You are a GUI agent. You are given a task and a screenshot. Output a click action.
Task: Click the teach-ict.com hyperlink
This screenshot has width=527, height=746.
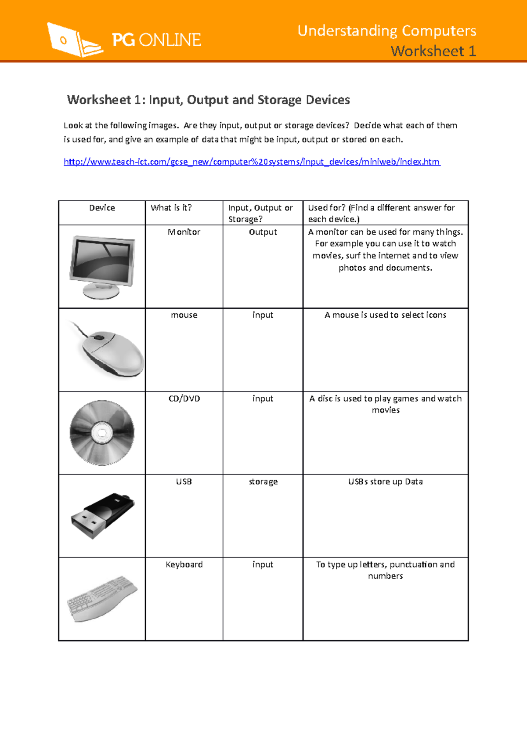(252, 162)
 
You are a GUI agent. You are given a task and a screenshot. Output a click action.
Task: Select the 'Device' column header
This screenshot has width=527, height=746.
(102, 208)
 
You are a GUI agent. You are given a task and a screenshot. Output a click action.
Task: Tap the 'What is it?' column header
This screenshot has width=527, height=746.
(171, 208)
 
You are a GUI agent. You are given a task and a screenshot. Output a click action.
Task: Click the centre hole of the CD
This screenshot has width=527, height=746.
(102, 433)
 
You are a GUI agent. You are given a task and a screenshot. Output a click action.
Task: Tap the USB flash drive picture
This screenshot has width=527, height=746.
(103, 515)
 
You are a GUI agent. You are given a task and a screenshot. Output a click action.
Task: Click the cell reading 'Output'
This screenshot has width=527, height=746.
(263, 232)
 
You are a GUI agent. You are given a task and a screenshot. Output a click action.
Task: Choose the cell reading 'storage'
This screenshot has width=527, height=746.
(263, 482)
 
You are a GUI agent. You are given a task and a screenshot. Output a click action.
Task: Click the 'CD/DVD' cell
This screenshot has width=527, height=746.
(184, 398)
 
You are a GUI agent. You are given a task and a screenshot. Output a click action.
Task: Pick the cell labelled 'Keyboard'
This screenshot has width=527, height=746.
(184, 565)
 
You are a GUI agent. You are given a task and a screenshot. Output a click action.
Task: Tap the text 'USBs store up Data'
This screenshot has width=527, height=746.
(385, 482)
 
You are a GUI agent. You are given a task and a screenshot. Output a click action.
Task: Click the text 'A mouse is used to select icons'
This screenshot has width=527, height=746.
(385, 315)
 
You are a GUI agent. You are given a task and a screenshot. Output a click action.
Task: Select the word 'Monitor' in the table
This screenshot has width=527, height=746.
(184, 232)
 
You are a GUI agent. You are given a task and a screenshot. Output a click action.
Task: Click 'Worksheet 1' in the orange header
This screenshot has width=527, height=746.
(433, 51)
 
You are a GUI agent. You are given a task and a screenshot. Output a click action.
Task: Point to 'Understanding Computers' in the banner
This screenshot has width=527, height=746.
(386, 31)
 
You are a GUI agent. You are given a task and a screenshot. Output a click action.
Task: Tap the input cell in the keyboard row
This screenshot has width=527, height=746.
(263, 565)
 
